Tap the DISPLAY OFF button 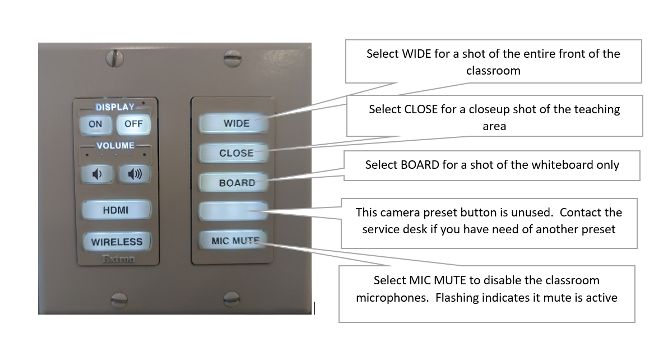[133, 124]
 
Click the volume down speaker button [98, 174]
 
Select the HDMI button [116, 210]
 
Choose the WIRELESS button [117, 242]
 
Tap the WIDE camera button [236, 123]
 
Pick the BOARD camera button [236, 183]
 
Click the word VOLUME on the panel [115, 146]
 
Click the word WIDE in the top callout [416, 54]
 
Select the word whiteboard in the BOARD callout [555, 165]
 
